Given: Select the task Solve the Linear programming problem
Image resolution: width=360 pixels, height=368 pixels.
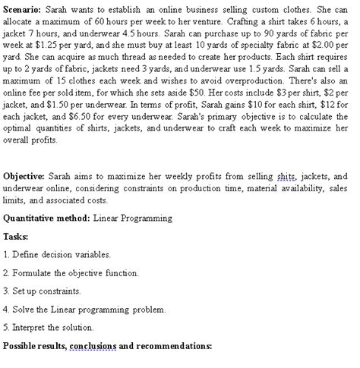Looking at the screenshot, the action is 84,310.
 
